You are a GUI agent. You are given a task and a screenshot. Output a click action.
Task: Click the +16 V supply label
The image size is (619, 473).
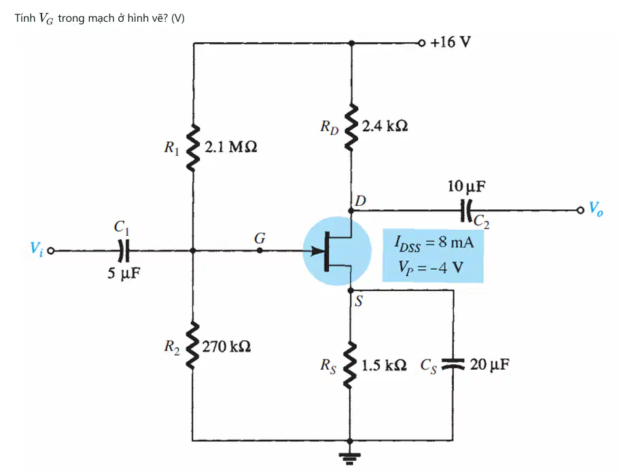coord(450,42)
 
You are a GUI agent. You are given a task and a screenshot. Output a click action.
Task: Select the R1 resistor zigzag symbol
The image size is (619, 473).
coord(193,147)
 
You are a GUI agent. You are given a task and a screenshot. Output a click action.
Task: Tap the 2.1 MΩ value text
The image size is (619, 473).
coord(231,147)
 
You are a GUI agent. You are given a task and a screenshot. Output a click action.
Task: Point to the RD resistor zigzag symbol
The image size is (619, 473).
coord(351,128)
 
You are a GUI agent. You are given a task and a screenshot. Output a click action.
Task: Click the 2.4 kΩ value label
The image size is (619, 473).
coord(385,126)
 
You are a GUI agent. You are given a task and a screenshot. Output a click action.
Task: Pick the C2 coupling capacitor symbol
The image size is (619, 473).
coord(466,210)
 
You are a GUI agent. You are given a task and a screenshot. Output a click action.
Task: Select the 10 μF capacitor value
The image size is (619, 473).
coord(466,186)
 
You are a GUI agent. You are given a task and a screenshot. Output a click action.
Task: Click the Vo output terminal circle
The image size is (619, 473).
coord(580,210)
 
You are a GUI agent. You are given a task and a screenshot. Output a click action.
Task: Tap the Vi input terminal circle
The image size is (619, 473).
coord(50,251)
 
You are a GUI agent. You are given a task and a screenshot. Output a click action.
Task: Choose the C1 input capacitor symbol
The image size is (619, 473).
coord(124,251)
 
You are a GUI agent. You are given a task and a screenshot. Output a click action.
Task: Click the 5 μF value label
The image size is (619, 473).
coord(124,273)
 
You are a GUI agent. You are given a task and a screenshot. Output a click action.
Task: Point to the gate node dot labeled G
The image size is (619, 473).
coord(260,250)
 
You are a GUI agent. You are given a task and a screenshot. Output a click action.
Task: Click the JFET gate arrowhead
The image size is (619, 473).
coord(317,251)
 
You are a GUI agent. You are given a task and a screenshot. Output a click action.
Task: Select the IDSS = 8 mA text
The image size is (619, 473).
coord(434,243)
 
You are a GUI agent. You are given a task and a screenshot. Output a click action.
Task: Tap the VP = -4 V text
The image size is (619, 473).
coord(431,267)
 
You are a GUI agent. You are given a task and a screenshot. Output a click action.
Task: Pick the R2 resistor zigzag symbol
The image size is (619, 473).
coord(192,345)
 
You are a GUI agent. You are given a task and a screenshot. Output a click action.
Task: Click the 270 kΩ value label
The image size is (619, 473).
coord(226,347)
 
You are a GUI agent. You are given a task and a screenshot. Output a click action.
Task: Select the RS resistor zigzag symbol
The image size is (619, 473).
coord(350,365)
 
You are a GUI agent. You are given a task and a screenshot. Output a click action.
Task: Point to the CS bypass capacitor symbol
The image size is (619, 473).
coord(453,364)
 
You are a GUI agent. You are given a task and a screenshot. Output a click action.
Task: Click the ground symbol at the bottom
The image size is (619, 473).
coord(350,458)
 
